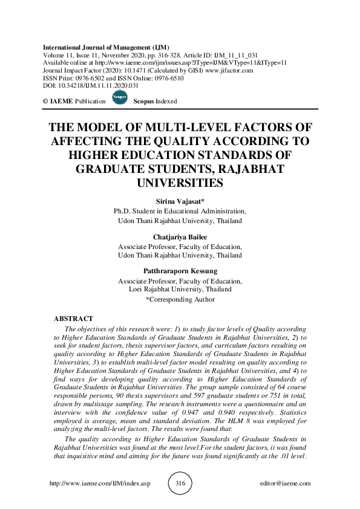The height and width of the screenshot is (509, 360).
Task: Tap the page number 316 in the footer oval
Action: point(180,484)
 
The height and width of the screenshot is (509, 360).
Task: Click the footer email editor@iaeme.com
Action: point(284,484)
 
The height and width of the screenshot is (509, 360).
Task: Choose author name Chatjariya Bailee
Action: point(180,238)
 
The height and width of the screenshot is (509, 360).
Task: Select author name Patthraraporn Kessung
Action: point(180,271)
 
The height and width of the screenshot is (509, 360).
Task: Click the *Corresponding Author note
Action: point(180,299)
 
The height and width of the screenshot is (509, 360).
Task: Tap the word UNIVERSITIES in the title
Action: point(180,182)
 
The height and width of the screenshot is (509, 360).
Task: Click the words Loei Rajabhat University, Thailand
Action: point(180,290)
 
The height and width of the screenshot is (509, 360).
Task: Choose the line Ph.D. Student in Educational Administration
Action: point(180,212)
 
